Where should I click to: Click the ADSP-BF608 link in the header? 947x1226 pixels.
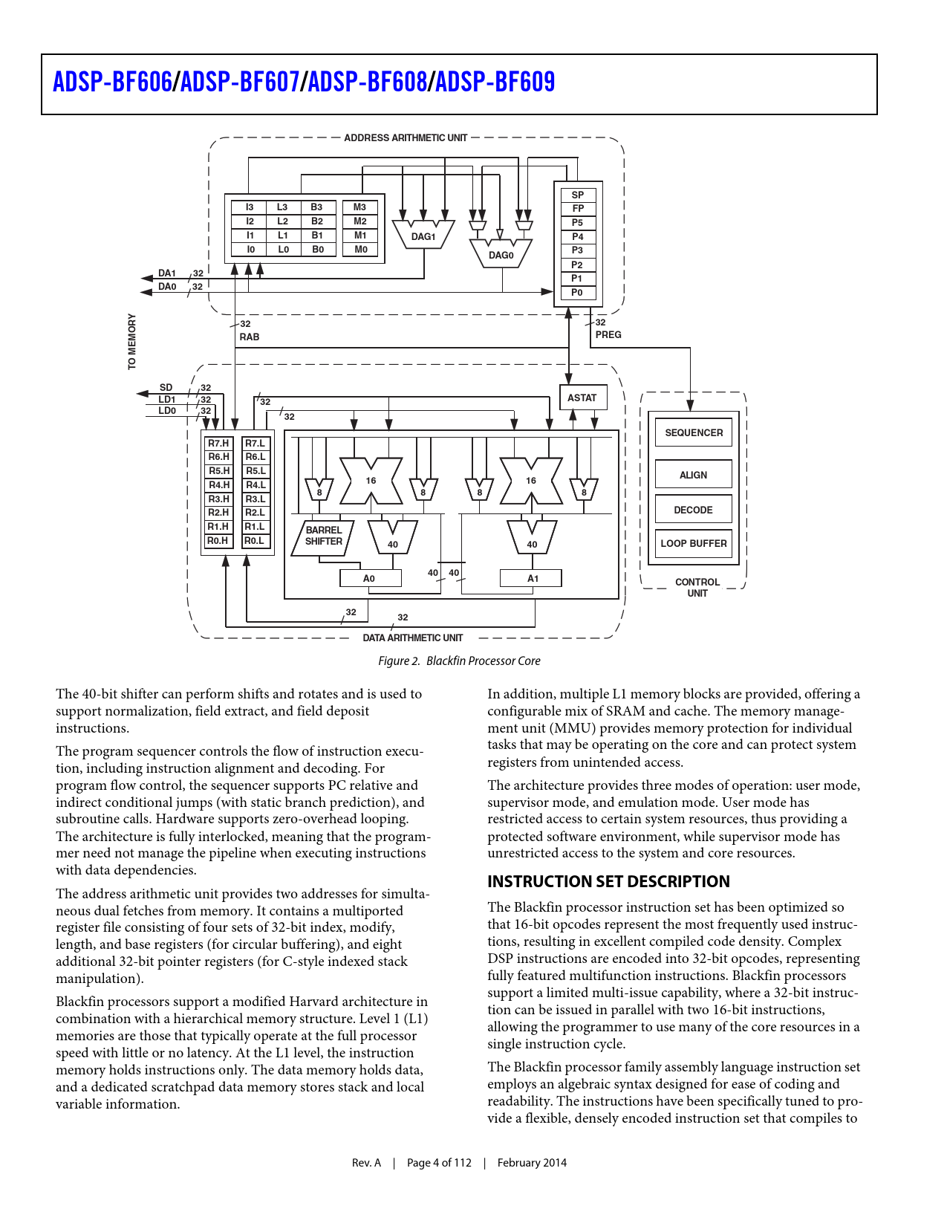tap(367, 82)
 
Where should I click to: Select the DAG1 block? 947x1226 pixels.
tap(423, 236)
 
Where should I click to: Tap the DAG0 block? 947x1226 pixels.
tap(501, 254)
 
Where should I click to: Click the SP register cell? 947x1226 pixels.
tap(577, 195)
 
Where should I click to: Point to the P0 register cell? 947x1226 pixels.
tap(577, 293)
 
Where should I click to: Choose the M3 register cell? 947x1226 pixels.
tap(360, 207)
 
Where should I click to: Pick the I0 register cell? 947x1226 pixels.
tap(250, 250)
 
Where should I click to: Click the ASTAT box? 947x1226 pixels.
tap(582, 398)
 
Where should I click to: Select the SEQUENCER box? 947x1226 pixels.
tap(694, 432)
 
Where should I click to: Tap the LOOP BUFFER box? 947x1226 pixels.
tap(694, 543)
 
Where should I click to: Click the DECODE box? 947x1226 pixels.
tap(693, 510)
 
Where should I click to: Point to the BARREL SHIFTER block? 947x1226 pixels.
tap(325, 536)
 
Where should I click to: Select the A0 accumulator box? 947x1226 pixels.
tap(369, 578)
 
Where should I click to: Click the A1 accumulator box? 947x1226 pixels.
tap(532, 578)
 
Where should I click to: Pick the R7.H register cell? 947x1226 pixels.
tap(218, 444)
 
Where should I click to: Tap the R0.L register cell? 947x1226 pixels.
tap(255, 541)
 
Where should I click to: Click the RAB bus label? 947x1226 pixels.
tap(250, 337)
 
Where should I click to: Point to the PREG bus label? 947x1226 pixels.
tap(608, 334)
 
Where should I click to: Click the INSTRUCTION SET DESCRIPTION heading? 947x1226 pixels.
tap(608, 881)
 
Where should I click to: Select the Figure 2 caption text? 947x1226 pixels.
tap(459, 661)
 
